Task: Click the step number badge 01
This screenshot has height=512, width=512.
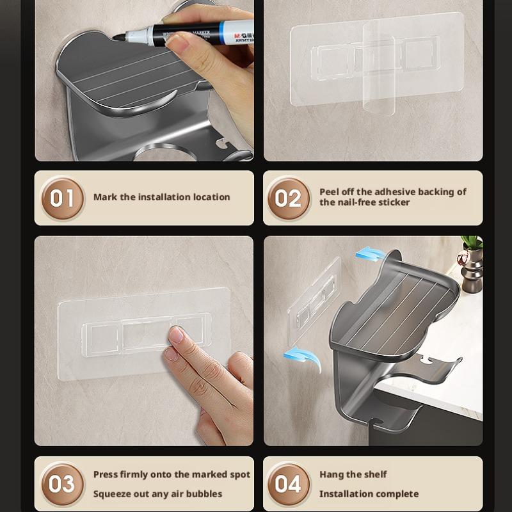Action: point(62,198)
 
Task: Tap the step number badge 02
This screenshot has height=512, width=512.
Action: point(289,198)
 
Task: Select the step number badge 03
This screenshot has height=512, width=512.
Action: point(62,484)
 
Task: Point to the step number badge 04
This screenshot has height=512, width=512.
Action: point(289,484)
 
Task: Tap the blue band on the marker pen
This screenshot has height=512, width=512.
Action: point(223,31)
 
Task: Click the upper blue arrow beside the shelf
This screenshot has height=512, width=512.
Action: point(370,253)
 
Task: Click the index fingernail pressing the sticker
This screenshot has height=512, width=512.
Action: point(177,334)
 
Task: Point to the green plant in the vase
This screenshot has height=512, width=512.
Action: point(472,243)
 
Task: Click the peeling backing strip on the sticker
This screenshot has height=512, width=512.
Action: point(379,70)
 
